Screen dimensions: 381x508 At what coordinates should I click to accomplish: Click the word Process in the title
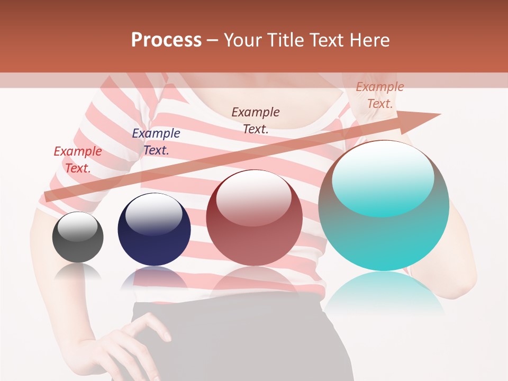tap(166, 40)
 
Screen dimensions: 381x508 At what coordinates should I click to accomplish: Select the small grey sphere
tap(78, 237)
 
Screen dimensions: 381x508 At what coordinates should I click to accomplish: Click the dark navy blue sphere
tap(154, 230)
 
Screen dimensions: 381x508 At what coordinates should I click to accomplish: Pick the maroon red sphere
tap(254, 218)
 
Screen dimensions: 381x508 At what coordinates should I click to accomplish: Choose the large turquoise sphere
tap(384, 206)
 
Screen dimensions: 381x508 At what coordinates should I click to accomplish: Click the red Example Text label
tap(78, 160)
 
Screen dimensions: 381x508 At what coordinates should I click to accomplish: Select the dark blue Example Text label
tap(156, 142)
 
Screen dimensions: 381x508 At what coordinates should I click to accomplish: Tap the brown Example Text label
tap(256, 120)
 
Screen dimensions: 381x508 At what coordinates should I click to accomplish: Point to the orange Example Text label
tap(379, 95)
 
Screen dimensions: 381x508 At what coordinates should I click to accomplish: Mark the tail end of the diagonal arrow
tap(48, 196)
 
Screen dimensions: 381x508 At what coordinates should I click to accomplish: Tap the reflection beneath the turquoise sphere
tap(384, 294)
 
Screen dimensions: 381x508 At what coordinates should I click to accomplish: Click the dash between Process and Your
tap(213, 40)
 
